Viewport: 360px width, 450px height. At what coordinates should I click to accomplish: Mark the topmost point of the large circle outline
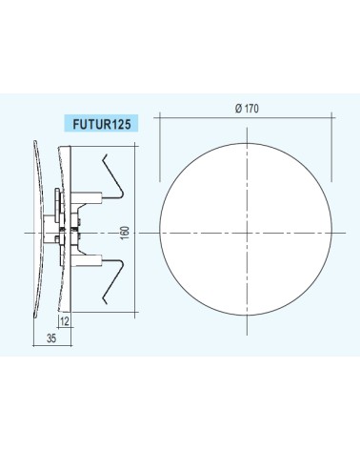[250, 146]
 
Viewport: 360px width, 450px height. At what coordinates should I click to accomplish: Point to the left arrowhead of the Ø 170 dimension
[161, 117]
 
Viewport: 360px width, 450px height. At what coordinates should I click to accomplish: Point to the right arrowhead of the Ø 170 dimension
[338, 117]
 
